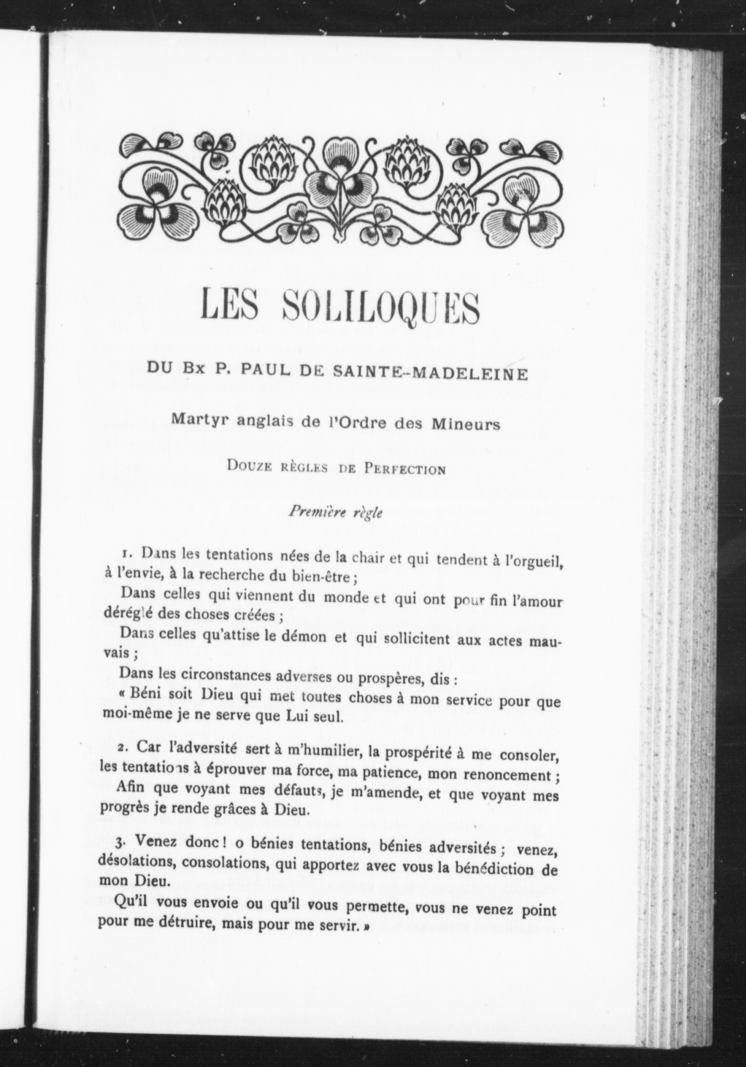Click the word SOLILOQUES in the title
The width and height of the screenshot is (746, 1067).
pos(380,308)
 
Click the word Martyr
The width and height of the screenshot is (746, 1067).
pos(196,420)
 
